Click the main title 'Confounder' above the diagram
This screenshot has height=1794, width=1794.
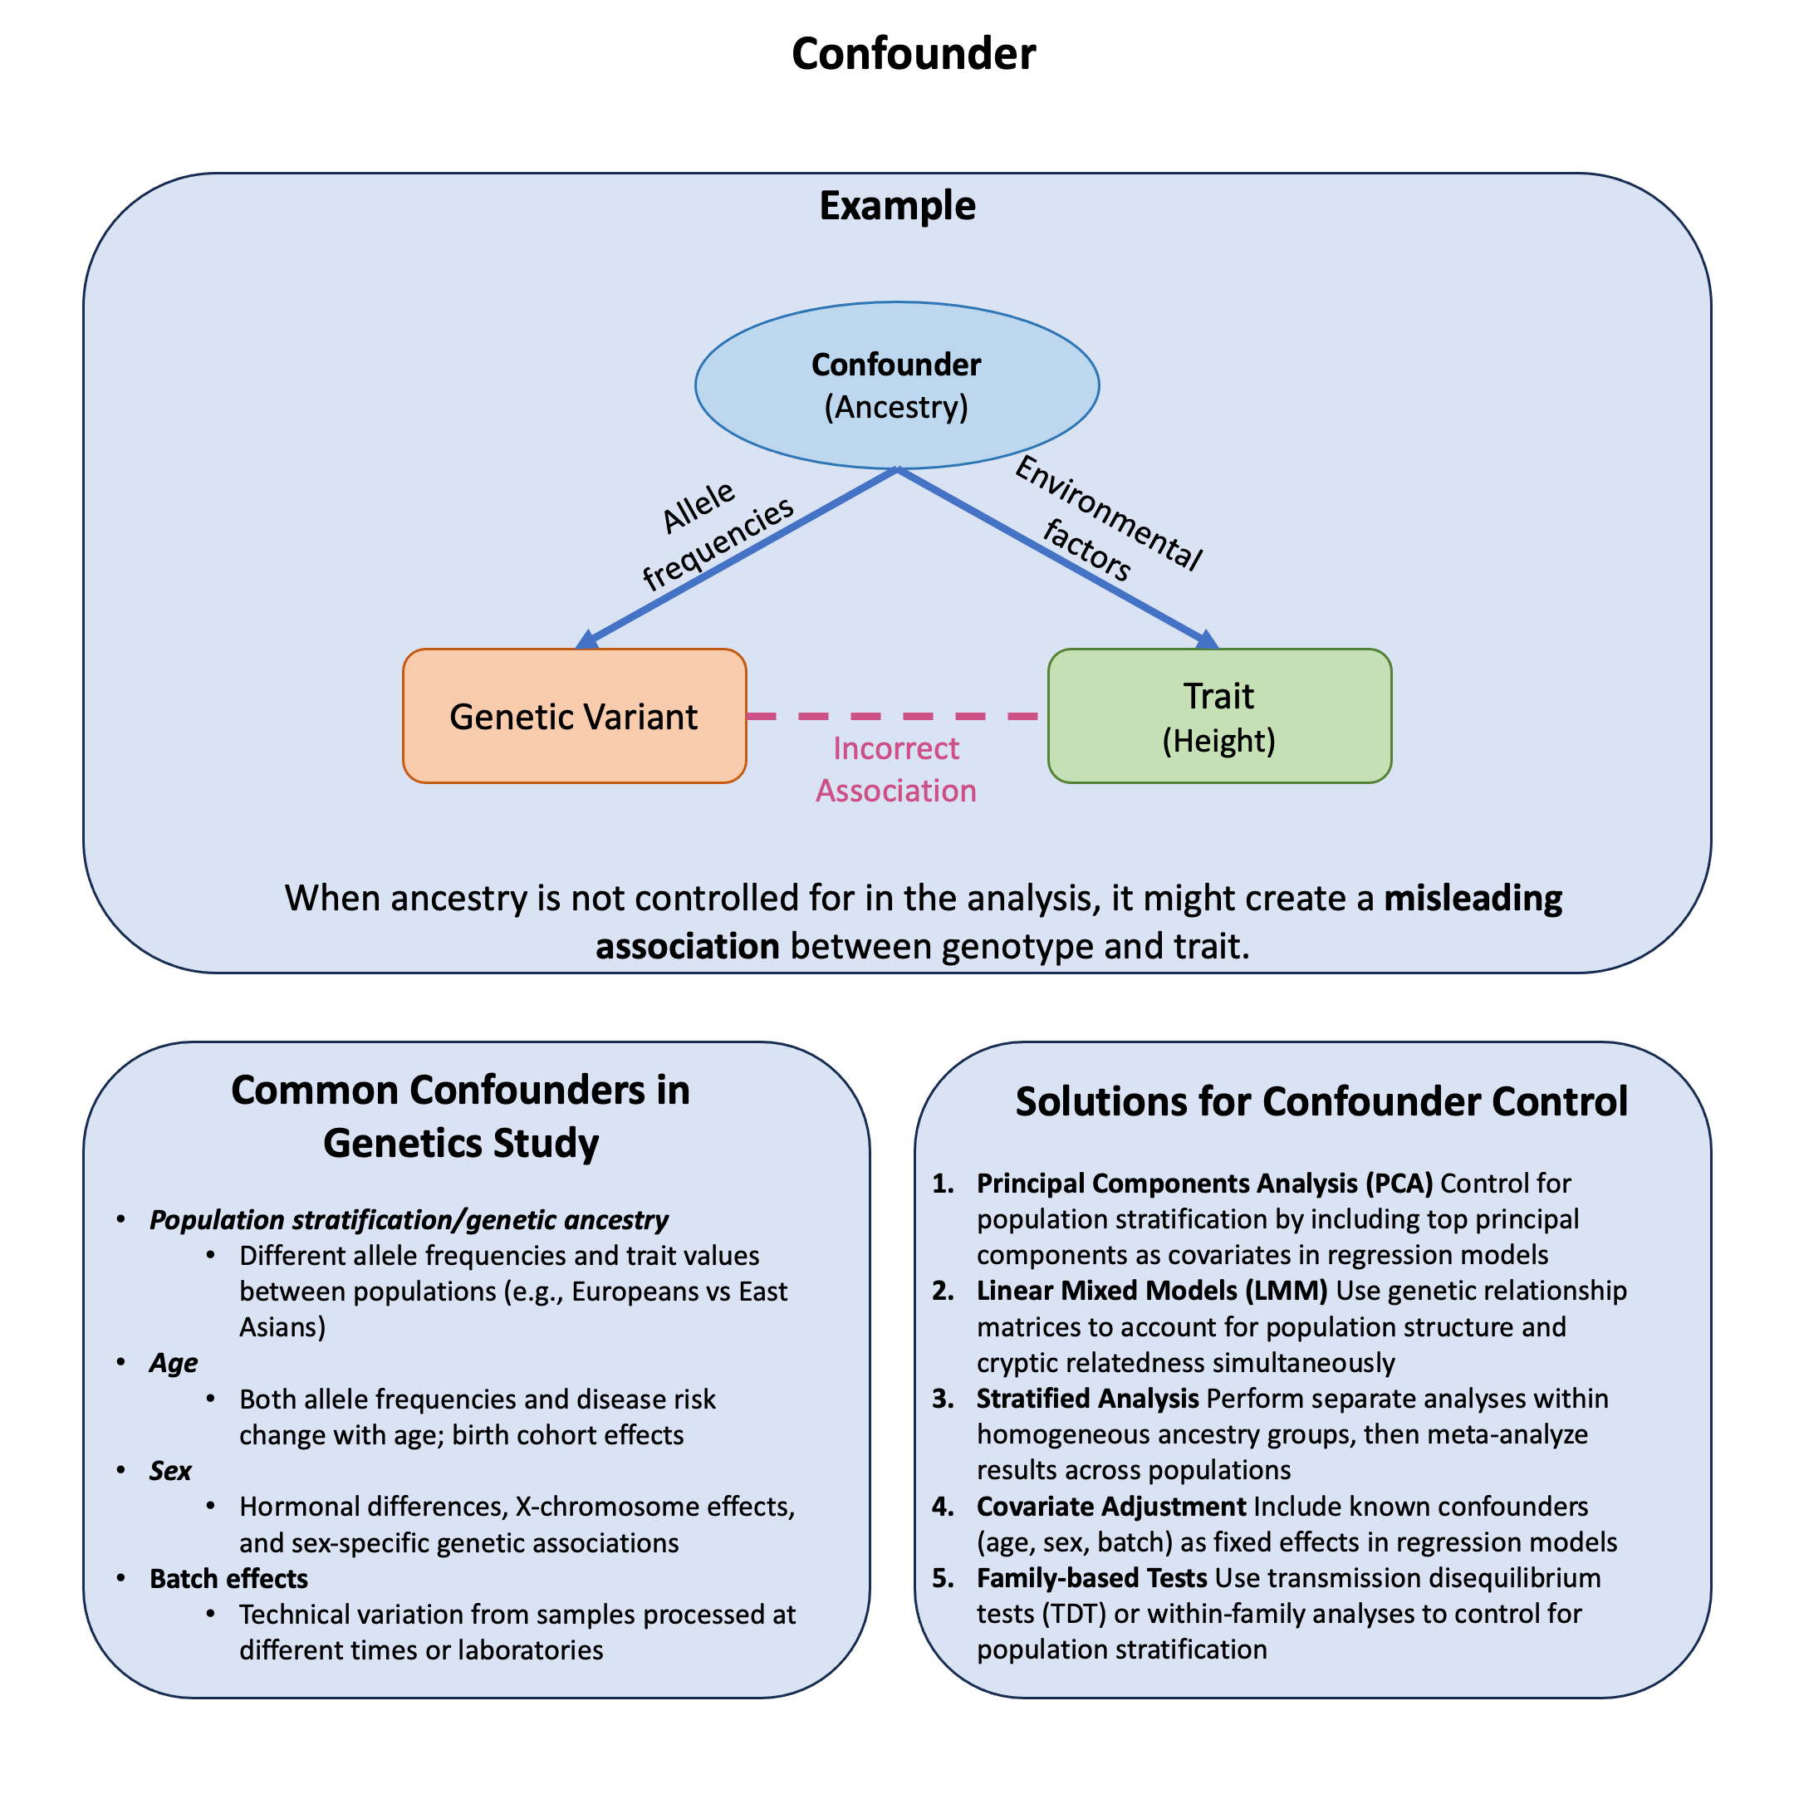click(913, 54)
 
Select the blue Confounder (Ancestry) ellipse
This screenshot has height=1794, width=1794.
click(896, 385)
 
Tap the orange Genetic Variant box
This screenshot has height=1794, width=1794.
click(574, 716)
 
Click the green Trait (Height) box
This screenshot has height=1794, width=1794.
click(1218, 716)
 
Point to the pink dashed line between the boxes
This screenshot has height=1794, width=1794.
click(896, 716)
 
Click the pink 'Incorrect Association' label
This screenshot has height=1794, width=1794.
click(896, 769)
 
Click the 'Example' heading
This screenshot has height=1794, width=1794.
click(897, 205)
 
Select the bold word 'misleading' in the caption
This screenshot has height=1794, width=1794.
click(1473, 898)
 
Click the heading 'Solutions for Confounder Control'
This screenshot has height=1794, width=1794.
click(1321, 1101)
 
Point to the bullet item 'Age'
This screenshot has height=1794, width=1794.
click(174, 1362)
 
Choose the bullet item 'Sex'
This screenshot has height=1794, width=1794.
click(170, 1470)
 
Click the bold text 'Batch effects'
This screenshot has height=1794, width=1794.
click(228, 1578)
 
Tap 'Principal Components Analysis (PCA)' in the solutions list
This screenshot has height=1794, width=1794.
click(1204, 1183)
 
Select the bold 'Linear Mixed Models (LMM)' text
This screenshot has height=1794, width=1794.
click(1151, 1290)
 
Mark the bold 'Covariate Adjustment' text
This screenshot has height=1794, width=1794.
click(1110, 1505)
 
